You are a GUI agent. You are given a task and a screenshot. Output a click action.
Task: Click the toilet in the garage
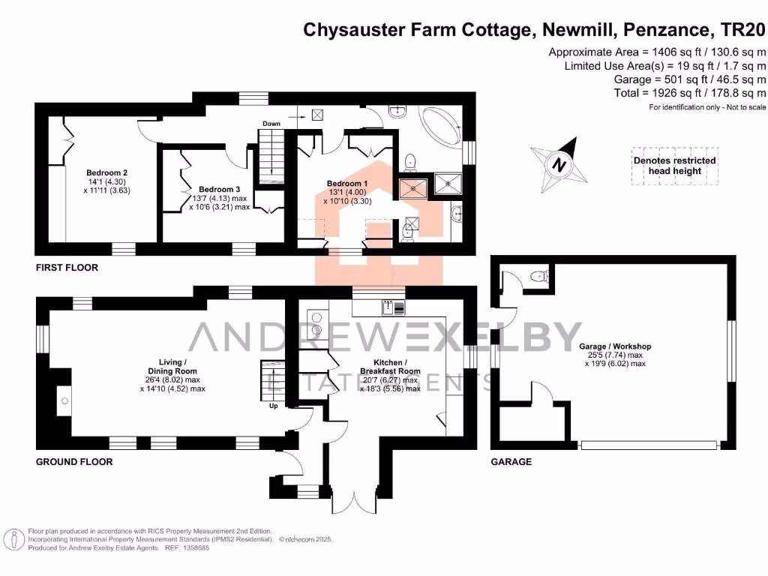click(538, 277)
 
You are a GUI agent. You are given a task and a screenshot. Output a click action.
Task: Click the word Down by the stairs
click(271, 123)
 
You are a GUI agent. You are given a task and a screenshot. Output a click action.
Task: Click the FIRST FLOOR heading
click(67, 267)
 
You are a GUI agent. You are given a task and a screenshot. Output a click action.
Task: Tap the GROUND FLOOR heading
click(74, 461)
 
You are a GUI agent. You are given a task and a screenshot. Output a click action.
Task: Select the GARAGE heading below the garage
click(511, 461)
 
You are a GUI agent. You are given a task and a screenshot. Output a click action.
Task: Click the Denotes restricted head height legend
click(674, 166)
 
